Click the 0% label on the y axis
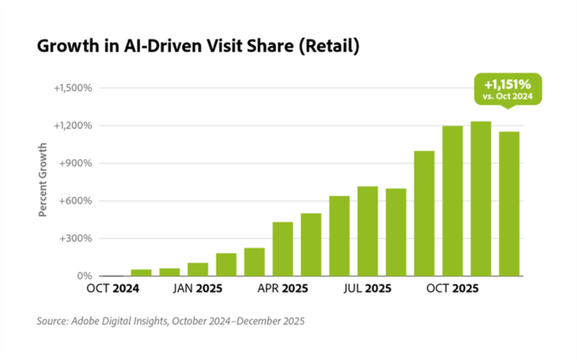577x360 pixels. pos(83,275)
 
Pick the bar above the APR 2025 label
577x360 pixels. pos(282,248)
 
